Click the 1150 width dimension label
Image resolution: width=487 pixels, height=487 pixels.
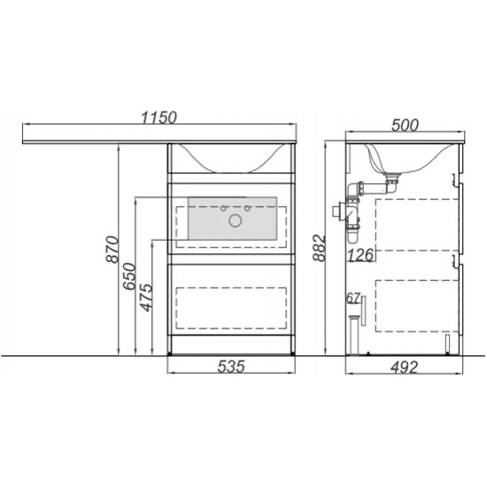159,118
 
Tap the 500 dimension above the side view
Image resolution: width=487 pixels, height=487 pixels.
405,125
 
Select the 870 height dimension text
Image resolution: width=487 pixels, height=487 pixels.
112,250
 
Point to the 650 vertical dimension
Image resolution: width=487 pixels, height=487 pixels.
129,276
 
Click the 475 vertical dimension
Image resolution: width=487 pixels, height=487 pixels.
146,298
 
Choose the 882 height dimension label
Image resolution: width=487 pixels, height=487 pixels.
319,249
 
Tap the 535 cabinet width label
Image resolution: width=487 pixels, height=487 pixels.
231,367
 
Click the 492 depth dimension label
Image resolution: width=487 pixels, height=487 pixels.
404,367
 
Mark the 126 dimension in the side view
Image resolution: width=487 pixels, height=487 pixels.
360,255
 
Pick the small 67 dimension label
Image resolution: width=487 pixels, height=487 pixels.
353,298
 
